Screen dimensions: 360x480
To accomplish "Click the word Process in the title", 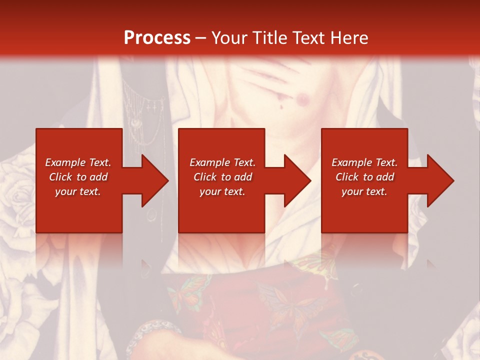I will [157, 38].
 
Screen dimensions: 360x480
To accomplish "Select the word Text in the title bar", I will [309, 38].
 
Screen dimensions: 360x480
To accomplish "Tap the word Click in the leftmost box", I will [60, 177].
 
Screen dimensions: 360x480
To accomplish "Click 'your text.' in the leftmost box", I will [78, 191].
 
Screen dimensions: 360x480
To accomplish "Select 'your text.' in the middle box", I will [222, 191].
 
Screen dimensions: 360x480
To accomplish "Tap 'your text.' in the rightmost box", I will [364, 191].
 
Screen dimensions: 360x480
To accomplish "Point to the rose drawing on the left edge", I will [17, 192].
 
